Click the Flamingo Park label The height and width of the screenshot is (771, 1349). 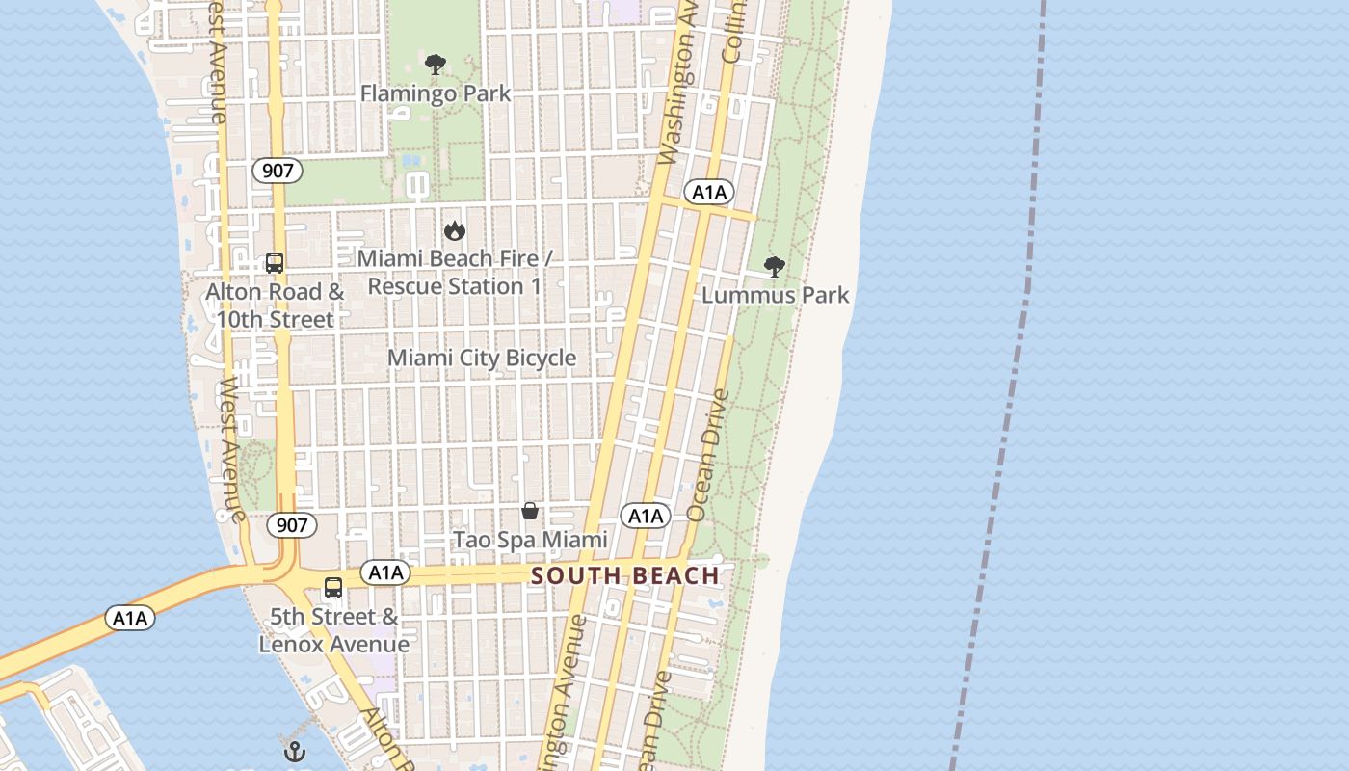pyautogui.click(x=436, y=93)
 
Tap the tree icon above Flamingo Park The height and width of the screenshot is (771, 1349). pyautogui.click(x=436, y=66)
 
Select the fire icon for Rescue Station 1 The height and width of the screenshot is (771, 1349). pyautogui.click(x=455, y=230)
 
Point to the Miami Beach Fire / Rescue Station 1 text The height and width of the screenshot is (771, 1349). pyautogui.click(x=455, y=273)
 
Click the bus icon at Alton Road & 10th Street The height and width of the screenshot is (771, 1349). pyautogui.click(x=275, y=263)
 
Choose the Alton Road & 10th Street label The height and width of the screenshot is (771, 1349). pyautogui.click(x=275, y=305)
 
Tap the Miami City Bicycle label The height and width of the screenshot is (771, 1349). pyautogui.click(x=482, y=358)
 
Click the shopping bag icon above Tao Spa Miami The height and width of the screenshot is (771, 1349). pyautogui.click(x=530, y=511)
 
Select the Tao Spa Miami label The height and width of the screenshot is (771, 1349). pyautogui.click(x=530, y=540)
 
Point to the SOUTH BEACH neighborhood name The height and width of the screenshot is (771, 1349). pyautogui.click(x=625, y=576)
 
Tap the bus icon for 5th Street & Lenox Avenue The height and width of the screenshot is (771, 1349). pyautogui.click(x=333, y=588)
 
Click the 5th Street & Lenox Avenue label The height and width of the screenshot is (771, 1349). pyautogui.click(x=333, y=630)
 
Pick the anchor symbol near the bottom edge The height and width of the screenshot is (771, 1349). pyautogui.click(x=295, y=752)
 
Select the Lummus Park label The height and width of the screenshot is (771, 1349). pyautogui.click(x=776, y=295)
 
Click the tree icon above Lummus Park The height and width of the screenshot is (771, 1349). pyautogui.click(x=774, y=267)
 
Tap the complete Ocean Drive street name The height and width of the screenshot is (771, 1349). pyautogui.click(x=708, y=455)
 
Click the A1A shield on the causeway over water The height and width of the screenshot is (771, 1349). pyautogui.click(x=129, y=618)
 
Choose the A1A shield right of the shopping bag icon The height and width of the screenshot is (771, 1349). pyautogui.click(x=645, y=517)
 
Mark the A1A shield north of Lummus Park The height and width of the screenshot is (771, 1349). pyautogui.click(x=709, y=193)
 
